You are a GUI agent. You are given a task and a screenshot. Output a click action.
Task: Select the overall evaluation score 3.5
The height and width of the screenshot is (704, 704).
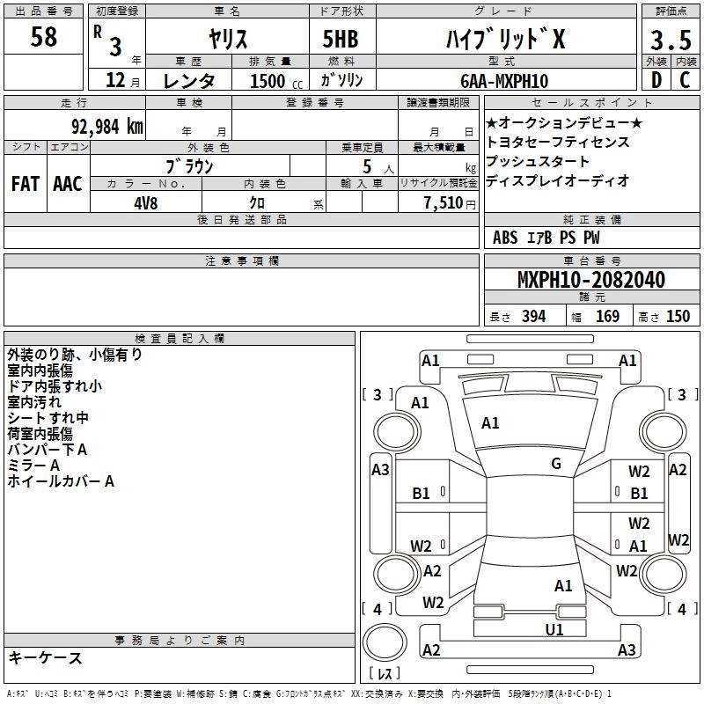coord(669,40)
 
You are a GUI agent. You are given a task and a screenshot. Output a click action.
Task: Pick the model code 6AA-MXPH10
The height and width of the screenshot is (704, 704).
coord(504,81)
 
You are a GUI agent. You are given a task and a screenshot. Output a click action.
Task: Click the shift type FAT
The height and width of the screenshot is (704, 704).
coord(25,183)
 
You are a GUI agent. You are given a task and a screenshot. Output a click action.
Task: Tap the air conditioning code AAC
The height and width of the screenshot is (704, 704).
coord(67,183)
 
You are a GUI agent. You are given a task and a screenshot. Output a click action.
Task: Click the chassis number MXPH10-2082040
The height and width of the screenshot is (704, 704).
coord(591,280)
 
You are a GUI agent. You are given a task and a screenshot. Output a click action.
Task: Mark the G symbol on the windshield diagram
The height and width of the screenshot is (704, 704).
coord(556,464)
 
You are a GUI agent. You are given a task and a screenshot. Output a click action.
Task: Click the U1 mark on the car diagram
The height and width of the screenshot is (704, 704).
coord(554,629)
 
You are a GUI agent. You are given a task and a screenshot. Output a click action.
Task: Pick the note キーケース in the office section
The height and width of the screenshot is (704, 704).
coord(46,657)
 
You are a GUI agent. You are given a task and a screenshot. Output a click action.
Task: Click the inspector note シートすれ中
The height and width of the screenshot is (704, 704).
coord(48,418)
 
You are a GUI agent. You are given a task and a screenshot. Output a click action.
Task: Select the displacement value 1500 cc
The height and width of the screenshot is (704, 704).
coord(268,81)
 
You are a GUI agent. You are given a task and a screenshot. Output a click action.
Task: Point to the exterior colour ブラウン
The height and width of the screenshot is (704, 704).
coord(190,165)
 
